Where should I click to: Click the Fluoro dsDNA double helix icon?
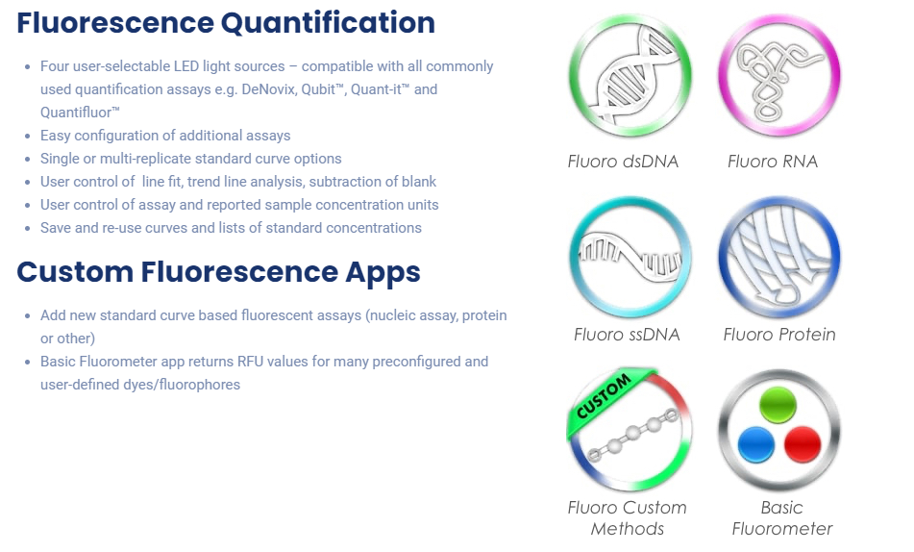click(630, 76)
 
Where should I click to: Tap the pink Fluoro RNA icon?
click(779, 76)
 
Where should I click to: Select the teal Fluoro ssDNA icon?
click(630, 257)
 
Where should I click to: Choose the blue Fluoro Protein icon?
click(779, 257)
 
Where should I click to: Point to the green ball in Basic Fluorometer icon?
click(778, 404)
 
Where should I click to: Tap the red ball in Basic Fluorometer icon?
click(803, 444)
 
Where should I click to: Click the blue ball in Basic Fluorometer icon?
click(756, 444)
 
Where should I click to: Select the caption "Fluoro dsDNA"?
click(623, 162)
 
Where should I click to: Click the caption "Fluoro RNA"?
click(773, 162)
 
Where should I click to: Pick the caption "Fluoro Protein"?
click(779, 335)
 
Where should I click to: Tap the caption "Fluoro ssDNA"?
click(627, 335)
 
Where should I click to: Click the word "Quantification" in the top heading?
click(328, 23)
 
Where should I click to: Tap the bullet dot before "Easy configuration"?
click(28, 136)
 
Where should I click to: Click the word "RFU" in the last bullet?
click(251, 362)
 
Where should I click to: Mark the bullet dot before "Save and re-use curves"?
click(28, 228)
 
